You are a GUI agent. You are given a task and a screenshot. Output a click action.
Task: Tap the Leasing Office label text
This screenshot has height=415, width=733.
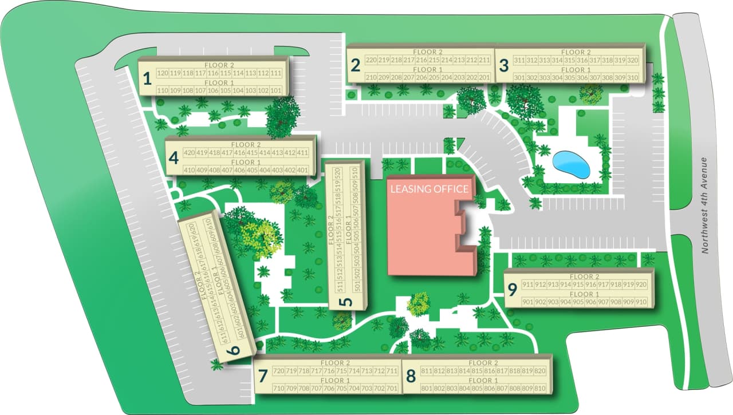coord(429,189)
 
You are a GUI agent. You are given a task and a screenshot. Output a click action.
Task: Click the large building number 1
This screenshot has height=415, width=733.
coord(147,78)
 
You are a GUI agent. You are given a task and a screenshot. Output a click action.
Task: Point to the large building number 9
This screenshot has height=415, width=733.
coord(512,290)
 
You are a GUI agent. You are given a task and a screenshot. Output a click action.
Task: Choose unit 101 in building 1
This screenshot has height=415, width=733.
coord(276,90)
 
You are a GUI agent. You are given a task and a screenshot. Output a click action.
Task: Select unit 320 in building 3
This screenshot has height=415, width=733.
coord(632,60)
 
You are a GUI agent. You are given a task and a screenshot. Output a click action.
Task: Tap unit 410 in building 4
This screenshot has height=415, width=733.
coord(189,170)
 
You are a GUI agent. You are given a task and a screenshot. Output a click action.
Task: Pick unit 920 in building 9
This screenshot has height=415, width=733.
coord(641,284)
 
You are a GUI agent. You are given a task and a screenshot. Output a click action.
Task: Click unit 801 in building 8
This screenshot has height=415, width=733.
coord(426,389)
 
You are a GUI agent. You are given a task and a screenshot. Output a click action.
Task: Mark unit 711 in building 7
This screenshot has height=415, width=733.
coord(392,371)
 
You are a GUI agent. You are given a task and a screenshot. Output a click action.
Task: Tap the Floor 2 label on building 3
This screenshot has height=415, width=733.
coord(573,52)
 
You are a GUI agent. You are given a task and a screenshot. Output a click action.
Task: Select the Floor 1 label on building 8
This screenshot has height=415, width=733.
coord(480,381)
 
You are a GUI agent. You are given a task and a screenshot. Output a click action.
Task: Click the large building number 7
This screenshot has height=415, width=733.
coord(263,376)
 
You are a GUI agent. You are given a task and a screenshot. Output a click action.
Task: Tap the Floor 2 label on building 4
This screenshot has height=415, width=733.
coord(246,145)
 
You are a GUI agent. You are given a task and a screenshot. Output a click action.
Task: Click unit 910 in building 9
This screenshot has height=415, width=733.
coord(641,302)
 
